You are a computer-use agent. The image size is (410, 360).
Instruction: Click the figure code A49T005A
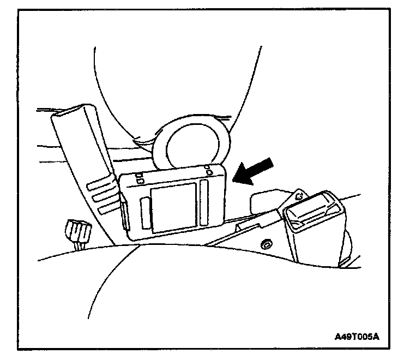click(357, 336)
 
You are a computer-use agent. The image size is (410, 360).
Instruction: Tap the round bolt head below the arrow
click(266, 243)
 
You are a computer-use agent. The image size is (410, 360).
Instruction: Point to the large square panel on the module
click(173, 207)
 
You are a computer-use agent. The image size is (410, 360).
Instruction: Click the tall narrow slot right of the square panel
click(205, 203)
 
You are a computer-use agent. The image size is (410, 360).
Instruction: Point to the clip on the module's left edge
click(125, 215)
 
